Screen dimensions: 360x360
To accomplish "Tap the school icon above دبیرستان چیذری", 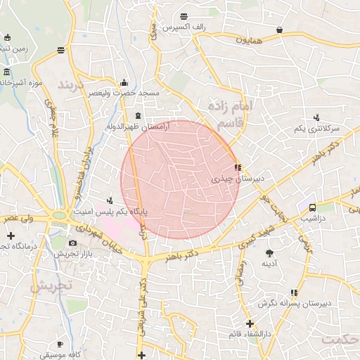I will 238,168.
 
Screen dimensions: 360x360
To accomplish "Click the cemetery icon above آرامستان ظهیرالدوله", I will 138,115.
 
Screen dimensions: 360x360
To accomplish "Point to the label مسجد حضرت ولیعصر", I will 129,93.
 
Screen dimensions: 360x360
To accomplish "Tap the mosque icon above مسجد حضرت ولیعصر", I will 124,82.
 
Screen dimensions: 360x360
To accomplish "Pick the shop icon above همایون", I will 281,30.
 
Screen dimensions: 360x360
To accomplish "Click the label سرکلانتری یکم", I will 317,129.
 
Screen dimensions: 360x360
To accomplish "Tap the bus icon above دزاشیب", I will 312,207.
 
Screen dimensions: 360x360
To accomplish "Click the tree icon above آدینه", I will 269,252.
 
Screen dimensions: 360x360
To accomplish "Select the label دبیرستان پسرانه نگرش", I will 294,303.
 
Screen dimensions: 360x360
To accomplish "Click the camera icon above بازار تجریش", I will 73,243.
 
